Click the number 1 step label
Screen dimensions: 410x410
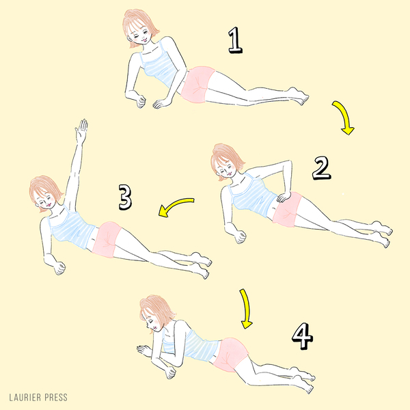tap(235, 40)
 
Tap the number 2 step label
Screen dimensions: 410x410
tap(321, 168)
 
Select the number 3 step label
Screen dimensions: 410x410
tap(125, 197)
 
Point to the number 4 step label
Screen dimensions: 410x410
tap(302, 336)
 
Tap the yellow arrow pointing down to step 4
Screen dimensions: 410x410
tap(246, 309)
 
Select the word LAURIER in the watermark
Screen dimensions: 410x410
tap(25, 398)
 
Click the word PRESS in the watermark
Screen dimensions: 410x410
tap(56, 398)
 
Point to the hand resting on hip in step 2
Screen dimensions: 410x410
tap(284, 197)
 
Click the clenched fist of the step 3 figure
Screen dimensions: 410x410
tap(59, 268)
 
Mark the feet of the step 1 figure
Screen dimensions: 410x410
tap(299, 96)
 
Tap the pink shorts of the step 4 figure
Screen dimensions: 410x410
tap(231, 354)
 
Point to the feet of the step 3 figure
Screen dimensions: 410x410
tap(201, 265)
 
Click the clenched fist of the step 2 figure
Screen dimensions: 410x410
tap(241, 236)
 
